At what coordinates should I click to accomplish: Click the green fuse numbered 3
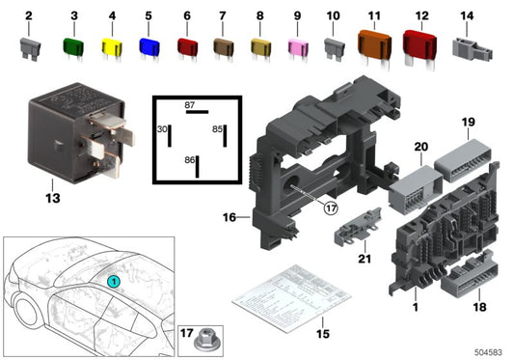point(71,45)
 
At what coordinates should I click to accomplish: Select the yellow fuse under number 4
point(111,46)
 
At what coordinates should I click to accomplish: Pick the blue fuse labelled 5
point(149,46)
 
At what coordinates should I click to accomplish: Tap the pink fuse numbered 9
point(297,47)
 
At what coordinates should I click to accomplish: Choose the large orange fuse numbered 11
point(373,45)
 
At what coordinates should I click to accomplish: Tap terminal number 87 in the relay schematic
point(190,103)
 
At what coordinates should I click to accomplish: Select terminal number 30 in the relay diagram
point(162,129)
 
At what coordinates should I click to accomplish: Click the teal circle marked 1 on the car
point(113,281)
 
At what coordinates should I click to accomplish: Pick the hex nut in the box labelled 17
point(204,340)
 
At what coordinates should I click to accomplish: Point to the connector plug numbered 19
point(466,160)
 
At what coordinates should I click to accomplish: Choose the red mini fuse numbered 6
point(187,46)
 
